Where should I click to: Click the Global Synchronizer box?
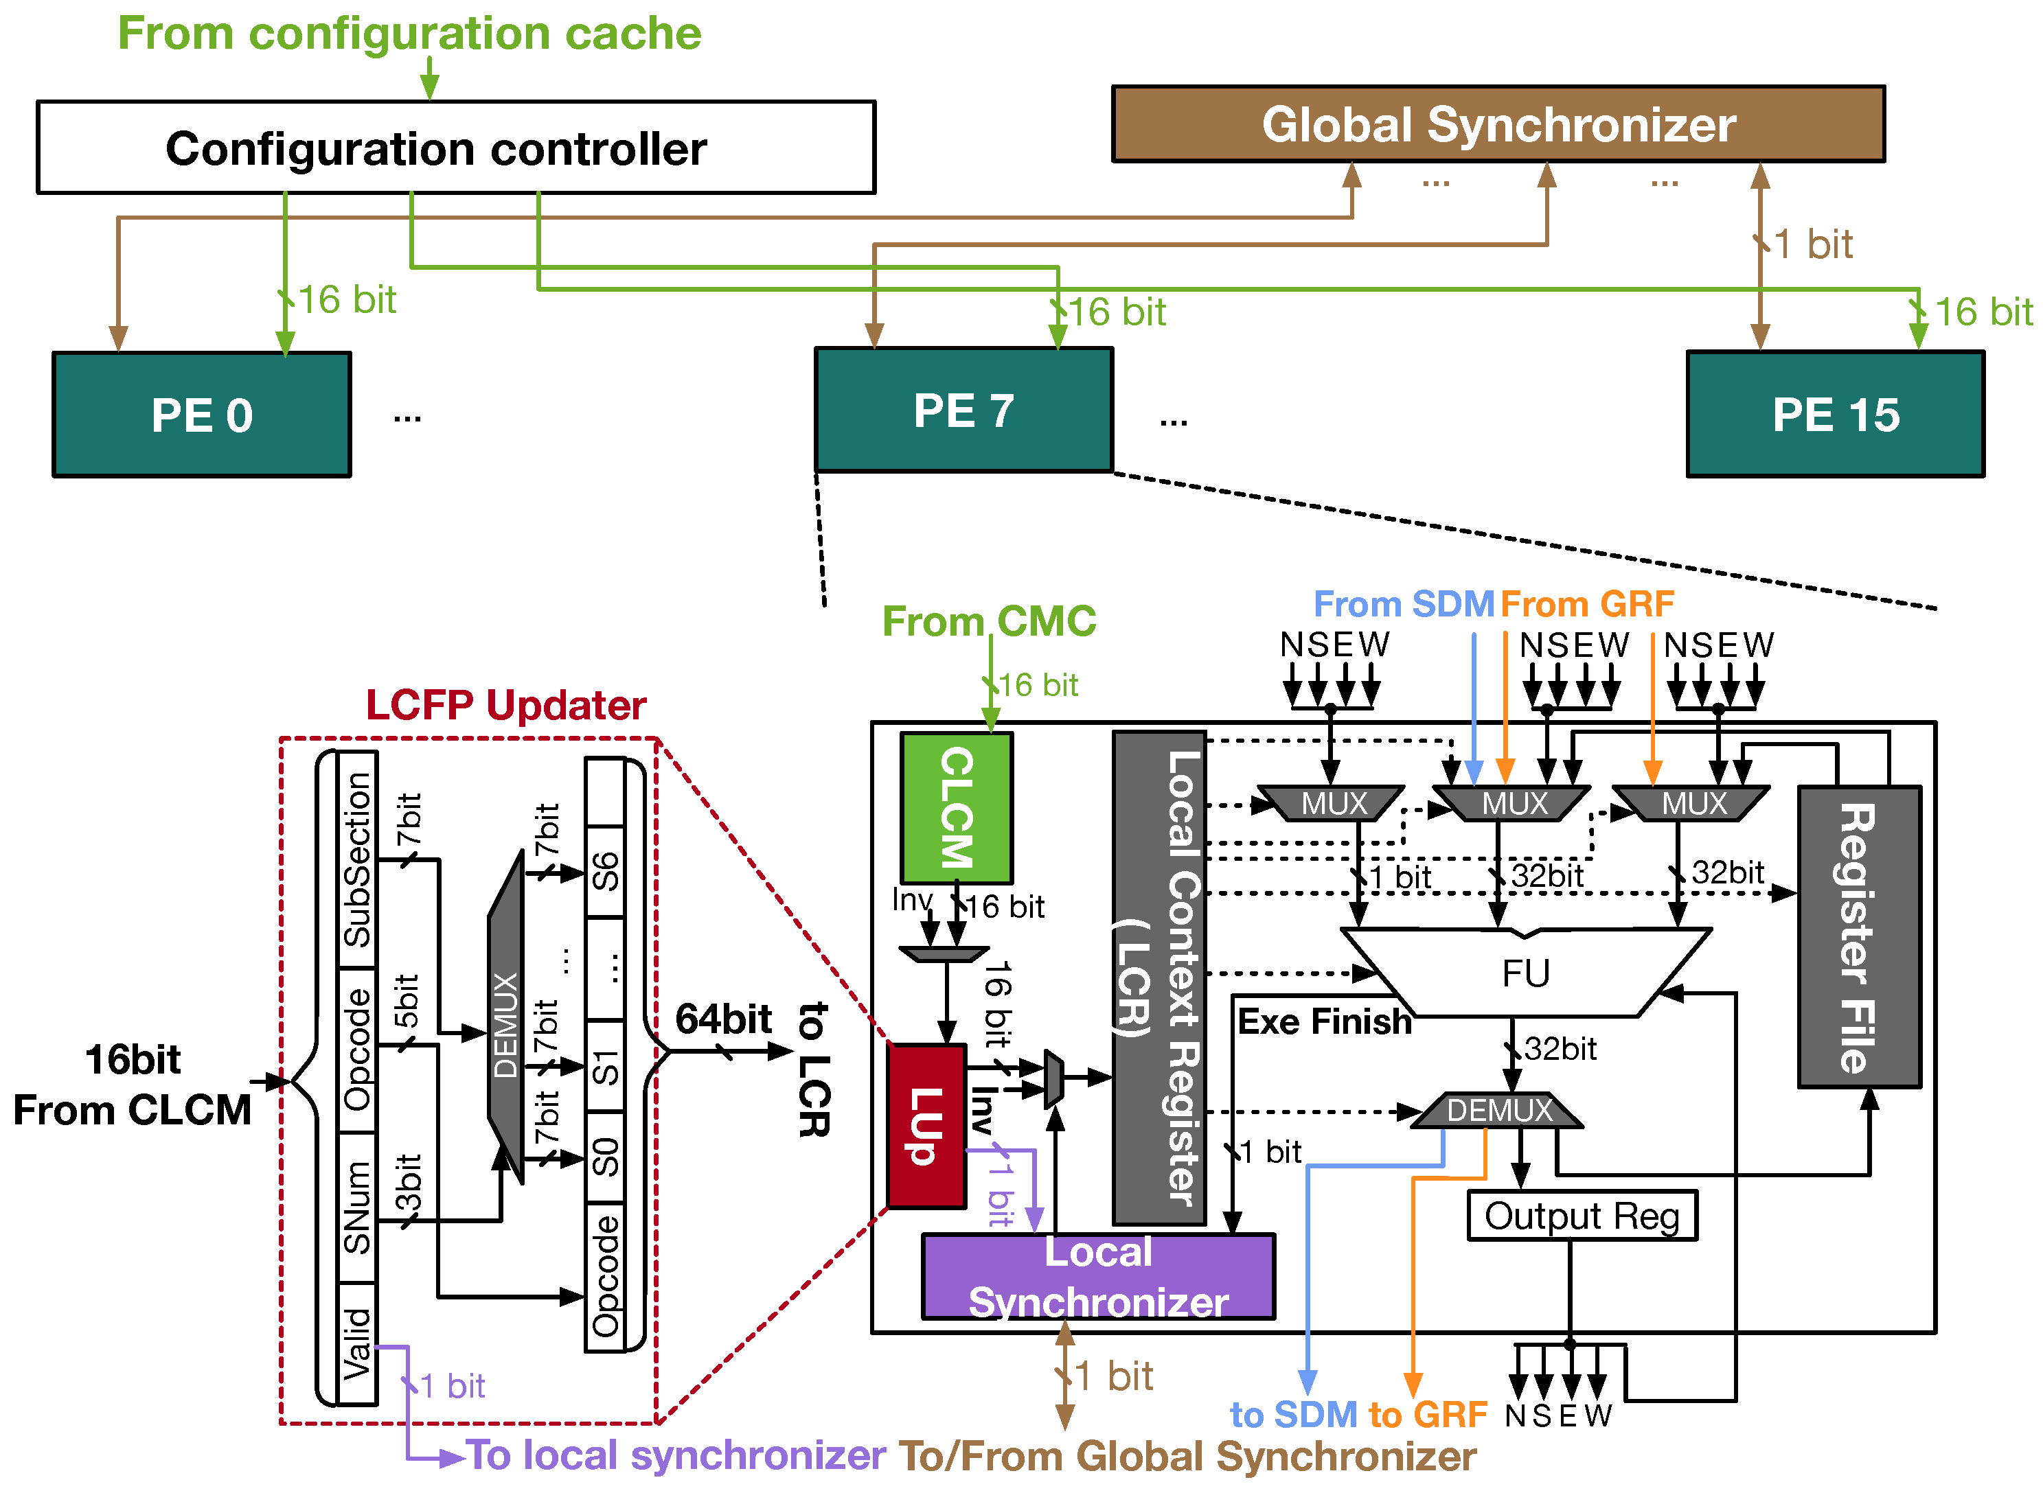[x=1498, y=124]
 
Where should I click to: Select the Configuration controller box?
[x=455, y=148]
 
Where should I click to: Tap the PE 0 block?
[x=202, y=415]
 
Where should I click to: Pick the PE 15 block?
[x=1835, y=415]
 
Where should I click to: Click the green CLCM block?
[x=957, y=808]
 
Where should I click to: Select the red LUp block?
[x=926, y=1125]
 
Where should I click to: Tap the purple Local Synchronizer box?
[x=1098, y=1276]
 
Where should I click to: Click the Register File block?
[x=1860, y=937]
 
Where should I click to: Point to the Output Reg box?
[x=1582, y=1216]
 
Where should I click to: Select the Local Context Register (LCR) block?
[x=1159, y=978]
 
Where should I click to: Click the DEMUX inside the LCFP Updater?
[x=506, y=1017]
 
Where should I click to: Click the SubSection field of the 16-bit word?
[x=357, y=859]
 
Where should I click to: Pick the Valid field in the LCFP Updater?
[x=357, y=1344]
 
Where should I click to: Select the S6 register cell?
[x=605, y=872]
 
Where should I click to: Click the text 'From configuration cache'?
[x=409, y=34]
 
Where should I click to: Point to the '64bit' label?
[x=723, y=1019]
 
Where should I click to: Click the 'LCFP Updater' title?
[x=506, y=705]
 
